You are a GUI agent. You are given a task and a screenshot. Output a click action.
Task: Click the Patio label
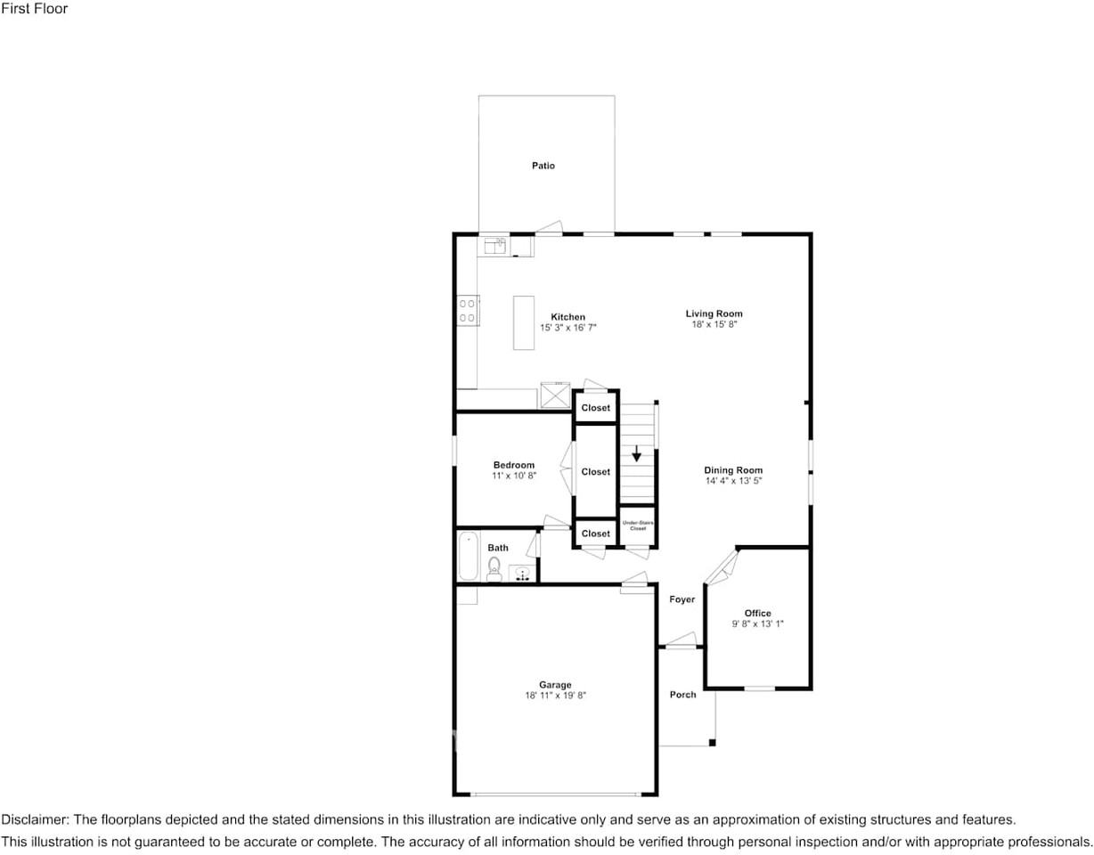tap(543, 166)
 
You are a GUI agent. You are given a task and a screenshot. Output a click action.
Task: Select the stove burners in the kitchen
tap(467, 311)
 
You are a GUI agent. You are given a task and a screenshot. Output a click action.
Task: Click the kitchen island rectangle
tap(523, 322)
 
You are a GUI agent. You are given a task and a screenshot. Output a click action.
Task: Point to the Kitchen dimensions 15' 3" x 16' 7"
tap(567, 328)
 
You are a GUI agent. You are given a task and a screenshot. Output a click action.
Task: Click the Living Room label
tap(714, 313)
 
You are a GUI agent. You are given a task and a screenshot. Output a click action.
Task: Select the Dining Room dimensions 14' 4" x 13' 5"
tap(733, 481)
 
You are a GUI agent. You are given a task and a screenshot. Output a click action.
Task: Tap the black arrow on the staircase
tap(636, 453)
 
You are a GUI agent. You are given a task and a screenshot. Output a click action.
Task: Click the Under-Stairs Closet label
tap(638, 526)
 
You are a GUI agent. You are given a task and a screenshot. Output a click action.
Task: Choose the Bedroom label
tap(514, 465)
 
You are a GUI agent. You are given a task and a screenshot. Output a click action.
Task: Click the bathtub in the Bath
tap(468, 556)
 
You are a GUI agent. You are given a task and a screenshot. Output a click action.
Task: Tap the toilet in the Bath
tap(494, 567)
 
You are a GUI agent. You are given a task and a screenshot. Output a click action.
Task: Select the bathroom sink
tap(523, 574)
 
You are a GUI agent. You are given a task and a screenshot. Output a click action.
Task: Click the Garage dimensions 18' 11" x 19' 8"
tap(555, 696)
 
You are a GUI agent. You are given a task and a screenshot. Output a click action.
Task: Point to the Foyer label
tap(682, 599)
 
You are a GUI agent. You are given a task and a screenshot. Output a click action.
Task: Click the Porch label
tap(682, 695)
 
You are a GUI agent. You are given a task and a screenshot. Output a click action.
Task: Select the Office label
tap(757, 613)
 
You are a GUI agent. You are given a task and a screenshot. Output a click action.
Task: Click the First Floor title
tap(34, 9)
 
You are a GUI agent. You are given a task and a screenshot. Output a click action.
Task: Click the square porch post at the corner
tap(712, 742)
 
